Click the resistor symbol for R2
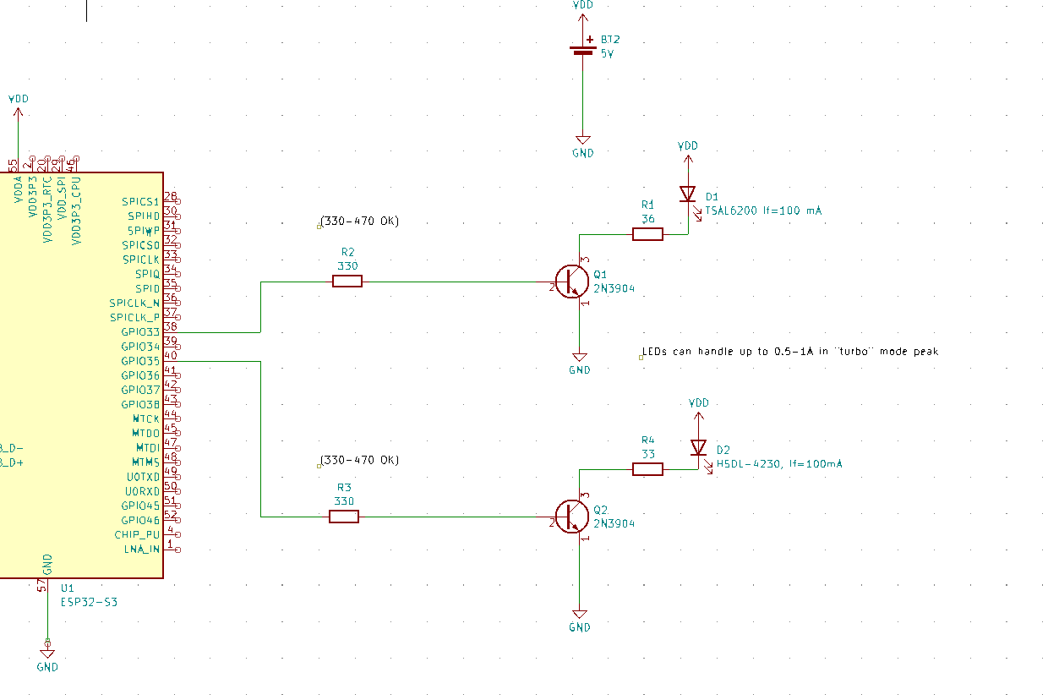click(347, 282)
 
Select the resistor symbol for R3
click(344, 517)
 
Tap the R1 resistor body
click(647, 234)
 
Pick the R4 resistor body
click(647, 469)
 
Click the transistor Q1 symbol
click(572, 282)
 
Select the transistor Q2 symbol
click(572, 517)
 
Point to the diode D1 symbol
click(688, 194)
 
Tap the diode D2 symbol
click(698, 447)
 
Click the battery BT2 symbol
click(582, 48)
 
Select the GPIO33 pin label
click(140, 332)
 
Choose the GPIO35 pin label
click(140, 361)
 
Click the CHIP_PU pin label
click(137, 534)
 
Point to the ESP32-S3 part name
click(90, 603)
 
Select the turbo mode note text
click(790, 351)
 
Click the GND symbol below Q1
click(580, 359)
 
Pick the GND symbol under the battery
click(582, 144)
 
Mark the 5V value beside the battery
click(608, 52)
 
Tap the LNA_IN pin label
click(141, 549)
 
